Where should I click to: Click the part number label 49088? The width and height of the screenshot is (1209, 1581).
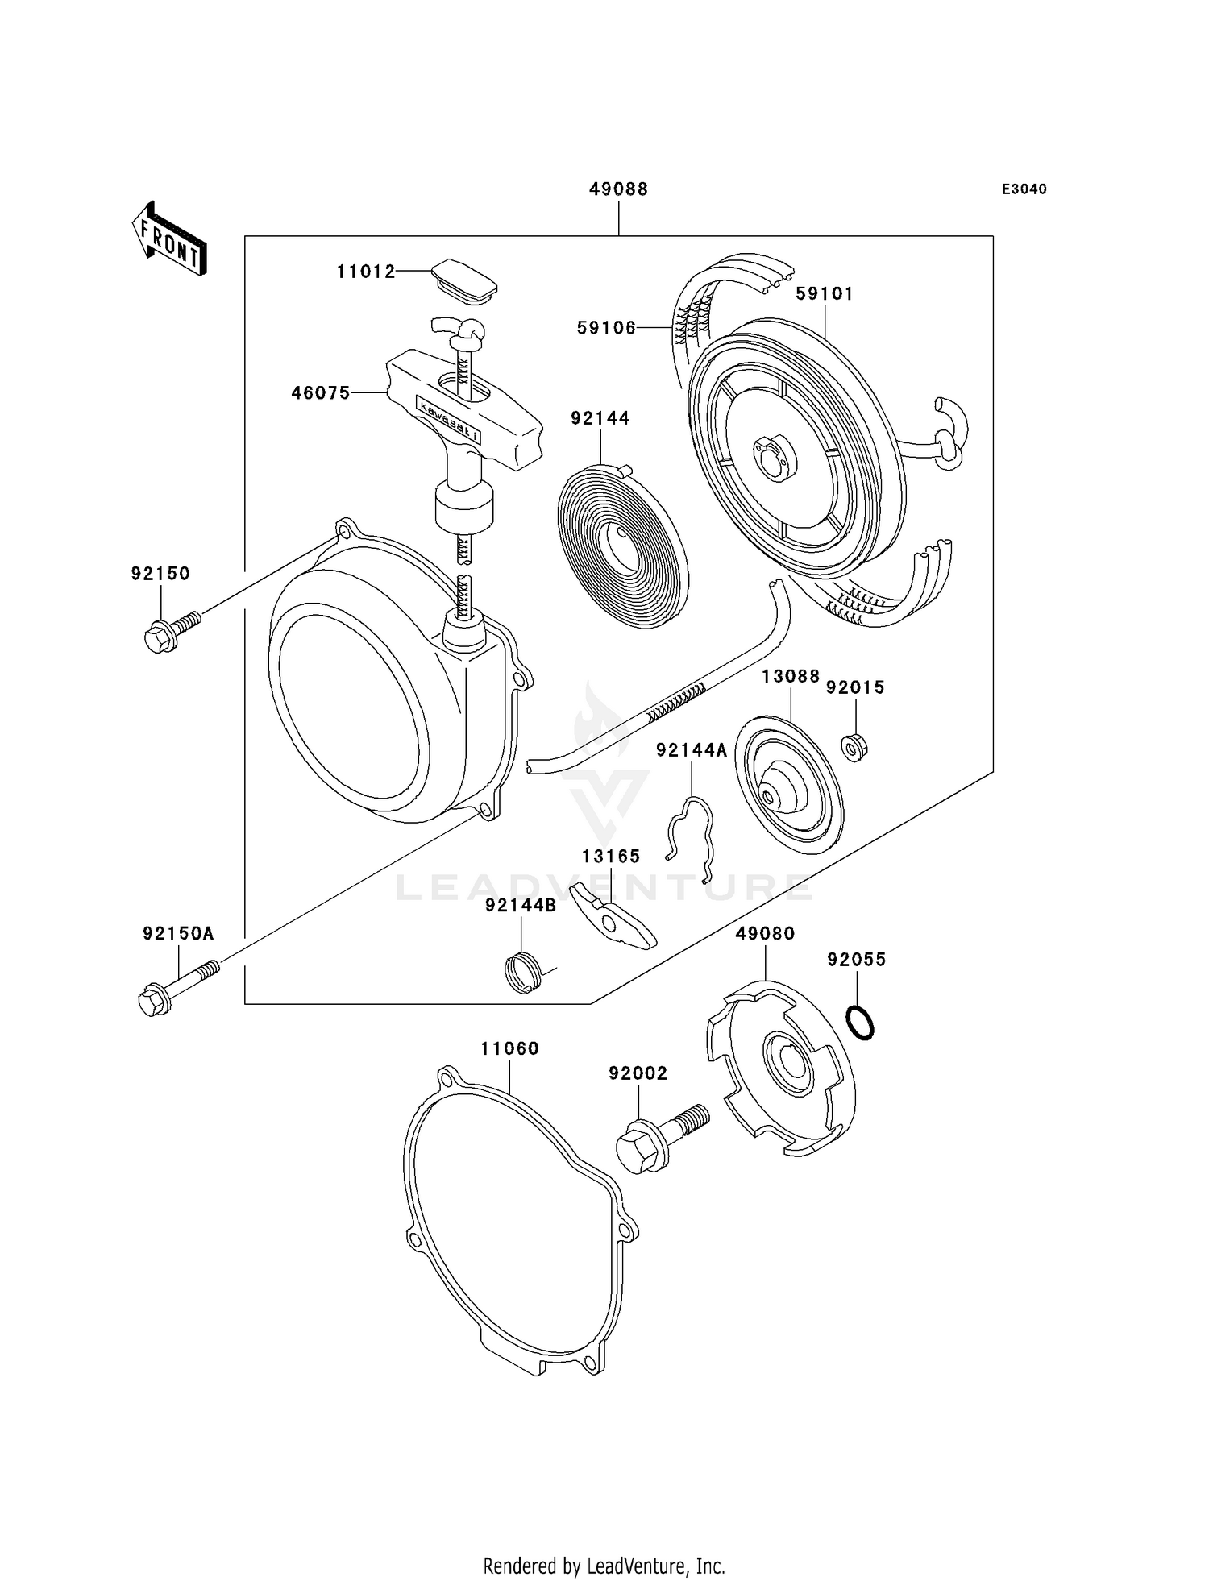[x=618, y=189]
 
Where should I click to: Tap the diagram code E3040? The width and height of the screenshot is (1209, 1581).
[x=1024, y=189]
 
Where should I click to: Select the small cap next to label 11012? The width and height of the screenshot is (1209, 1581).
[x=461, y=280]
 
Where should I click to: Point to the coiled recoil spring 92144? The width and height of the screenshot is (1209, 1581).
[x=622, y=535]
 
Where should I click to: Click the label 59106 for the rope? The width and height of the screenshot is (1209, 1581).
[x=606, y=327]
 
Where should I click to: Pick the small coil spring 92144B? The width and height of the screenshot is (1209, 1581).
[x=525, y=972]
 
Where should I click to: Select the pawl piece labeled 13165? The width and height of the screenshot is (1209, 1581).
[x=614, y=916]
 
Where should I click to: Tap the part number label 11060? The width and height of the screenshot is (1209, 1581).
[x=509, y=1048]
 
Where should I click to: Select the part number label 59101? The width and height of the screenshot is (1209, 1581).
[x=824, y=294]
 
